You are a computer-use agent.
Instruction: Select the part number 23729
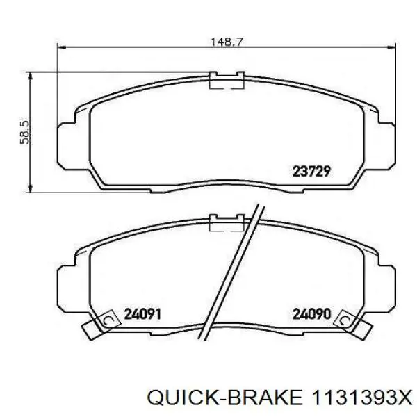tap(309, 168)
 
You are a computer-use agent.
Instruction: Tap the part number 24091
tap(142, 313)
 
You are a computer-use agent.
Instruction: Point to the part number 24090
tap(309, 313)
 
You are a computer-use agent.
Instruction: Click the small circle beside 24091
tap(108, 319)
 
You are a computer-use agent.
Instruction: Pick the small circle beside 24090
tap(342, 319)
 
